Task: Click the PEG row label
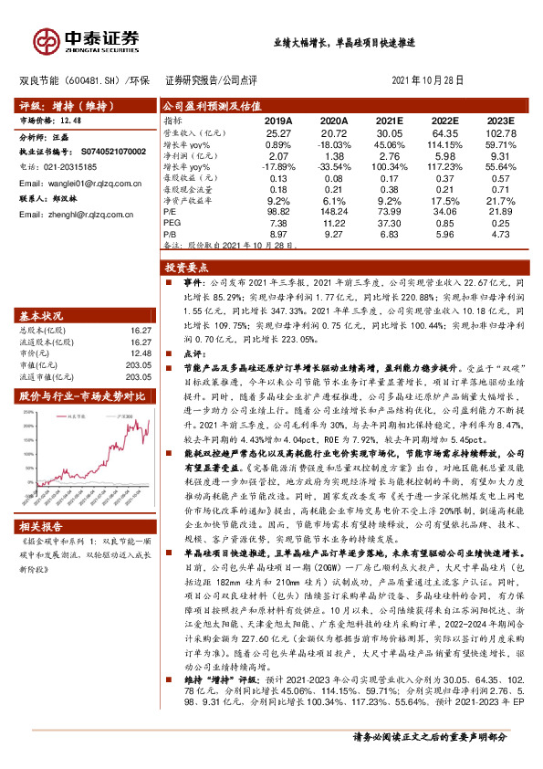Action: pyautogui.click(x=172, y=221)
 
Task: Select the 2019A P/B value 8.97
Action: pyautogui.click(x=278, y=232)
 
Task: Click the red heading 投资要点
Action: pyautogui.click(x=185, y=269)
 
